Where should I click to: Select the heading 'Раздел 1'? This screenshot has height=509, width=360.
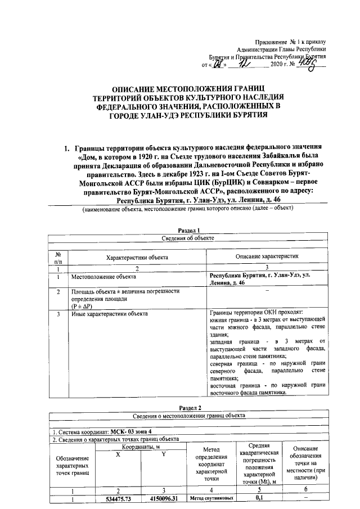coord(189,231)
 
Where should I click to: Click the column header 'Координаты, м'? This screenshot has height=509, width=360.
coord(141,446)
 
